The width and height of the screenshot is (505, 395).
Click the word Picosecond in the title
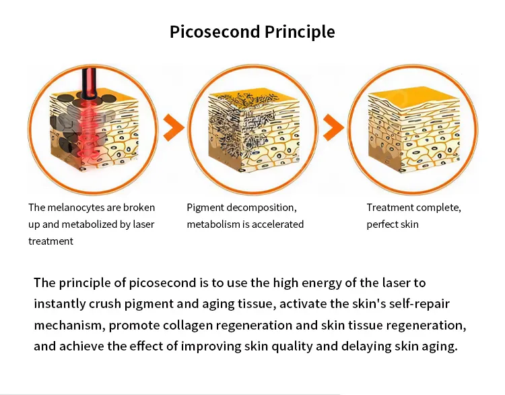click(x=215, y=32)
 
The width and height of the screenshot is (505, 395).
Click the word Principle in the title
click(x=300, y=32)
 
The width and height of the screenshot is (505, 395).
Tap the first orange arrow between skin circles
click(x=174, y=127)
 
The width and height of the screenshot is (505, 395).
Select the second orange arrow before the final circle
click(x=333, y=127)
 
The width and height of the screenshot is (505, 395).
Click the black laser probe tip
click(x=89, y=95)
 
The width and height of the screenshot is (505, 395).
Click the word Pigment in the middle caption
click(x=205, y=208)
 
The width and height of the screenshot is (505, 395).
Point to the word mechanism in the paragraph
click(x=70, y=326)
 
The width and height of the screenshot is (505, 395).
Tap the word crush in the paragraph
click(x=104, y=304)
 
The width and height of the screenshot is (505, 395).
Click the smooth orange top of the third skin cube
click(x=415, y=96)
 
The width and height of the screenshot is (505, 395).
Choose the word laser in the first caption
click(x=143, y=224)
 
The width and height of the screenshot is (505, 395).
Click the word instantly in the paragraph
click(x=59, y=304)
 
